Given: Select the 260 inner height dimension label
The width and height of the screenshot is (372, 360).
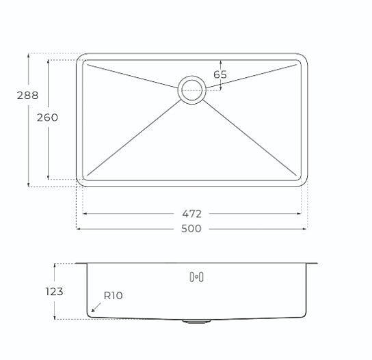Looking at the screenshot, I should (x=46, y=117).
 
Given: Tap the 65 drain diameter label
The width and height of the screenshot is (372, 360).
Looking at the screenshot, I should (x=220, y=74).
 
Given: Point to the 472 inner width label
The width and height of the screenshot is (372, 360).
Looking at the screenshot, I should (x=191, y=213).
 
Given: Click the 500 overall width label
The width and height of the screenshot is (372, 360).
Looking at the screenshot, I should (x=191, y=228).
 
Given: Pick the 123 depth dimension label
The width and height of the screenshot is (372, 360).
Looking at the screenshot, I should (x=55, y=292).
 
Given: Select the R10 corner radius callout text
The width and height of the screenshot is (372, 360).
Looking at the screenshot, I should (x=113, y=296).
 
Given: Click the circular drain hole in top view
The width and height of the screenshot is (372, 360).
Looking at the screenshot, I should (x=192, y=89).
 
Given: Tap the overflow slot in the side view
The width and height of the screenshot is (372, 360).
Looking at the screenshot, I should (x=196, y=277).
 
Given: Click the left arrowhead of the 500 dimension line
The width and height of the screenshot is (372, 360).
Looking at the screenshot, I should (x=78, y=228).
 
